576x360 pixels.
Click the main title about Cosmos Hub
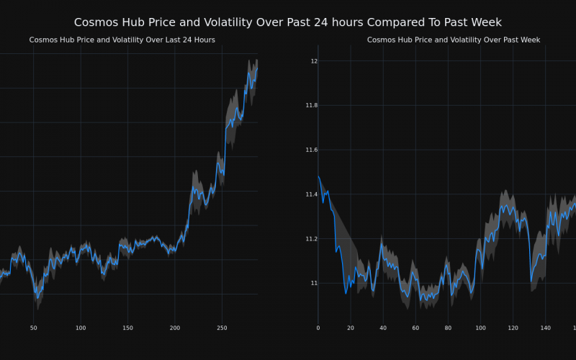click(288, 22)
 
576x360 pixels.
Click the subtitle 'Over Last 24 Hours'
click(122, 40)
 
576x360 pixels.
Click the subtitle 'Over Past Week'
click(454, 40)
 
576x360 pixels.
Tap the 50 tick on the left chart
click(33, 328)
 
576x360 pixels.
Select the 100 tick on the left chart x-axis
click(81, 328)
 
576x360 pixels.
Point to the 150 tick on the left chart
click(127, 328)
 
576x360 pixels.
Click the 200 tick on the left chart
click(175, 328)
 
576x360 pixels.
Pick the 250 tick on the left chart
click(222, 328)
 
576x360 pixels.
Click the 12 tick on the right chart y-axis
click(314, 61)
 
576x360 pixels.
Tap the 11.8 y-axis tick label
click(311, 106)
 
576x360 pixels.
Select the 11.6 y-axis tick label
click(311, 150)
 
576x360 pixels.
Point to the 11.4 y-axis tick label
click(311, 194)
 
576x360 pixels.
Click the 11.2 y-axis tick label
click(311, 239)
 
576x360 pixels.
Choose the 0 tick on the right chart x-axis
click(318, 328)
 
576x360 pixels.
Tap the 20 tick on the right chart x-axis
click(351, 328)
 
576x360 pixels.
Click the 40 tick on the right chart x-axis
click(383, 328)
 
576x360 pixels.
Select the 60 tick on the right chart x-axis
click(415, 328)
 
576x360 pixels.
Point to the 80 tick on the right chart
click(448, 328)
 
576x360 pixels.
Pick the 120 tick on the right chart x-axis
click(513, 328)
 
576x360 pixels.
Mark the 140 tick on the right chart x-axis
click(545, 328)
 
